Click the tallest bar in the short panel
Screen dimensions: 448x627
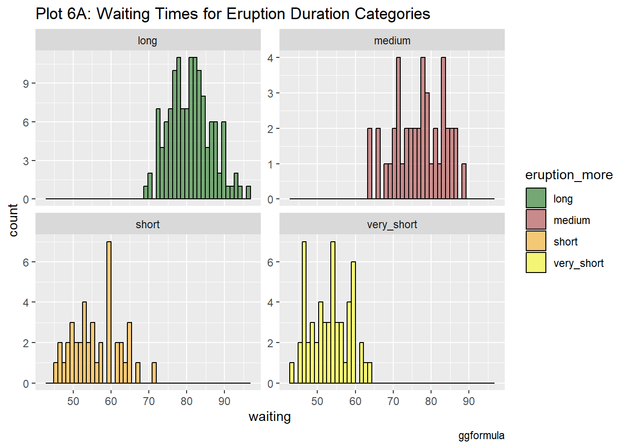[x=109, y=313]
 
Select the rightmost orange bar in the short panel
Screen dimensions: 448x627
[x=154, y=373]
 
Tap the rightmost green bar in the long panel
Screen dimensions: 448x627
[x=249, y=193]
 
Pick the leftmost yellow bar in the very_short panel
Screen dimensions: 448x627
[x=292, y=373]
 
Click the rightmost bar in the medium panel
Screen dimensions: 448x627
[x=464, y=182]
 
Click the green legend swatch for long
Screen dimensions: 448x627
[x=536, y=198]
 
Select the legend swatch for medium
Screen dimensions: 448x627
[x=536, y=220]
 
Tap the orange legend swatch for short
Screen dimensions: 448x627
[x=536, y=241]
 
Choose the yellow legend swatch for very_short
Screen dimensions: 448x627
[x=536, y=263]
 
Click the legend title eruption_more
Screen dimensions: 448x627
[x=569, y=175]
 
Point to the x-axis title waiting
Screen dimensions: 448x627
[x=270, y=417]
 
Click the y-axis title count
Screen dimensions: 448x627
[x=13, y=220]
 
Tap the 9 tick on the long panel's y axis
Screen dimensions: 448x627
[x=26, y=84]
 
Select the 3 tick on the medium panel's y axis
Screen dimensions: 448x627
[x=271, y=93]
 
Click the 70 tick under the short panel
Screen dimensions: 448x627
[x=149, y=401]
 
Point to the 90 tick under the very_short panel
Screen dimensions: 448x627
[x=469, y=401]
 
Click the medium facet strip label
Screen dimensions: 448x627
[x=392, y=41]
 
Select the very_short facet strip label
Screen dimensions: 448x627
[x=392, y=224]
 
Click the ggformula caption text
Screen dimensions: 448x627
[x=481, y=435]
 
